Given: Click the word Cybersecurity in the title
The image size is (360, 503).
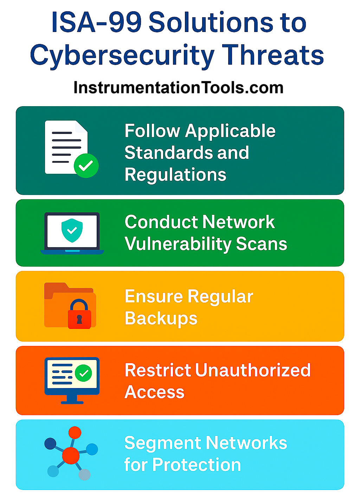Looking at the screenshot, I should click(122, 56).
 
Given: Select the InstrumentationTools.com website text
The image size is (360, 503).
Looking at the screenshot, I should click(178, 88).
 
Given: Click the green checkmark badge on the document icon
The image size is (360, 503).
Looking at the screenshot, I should click(86, 166).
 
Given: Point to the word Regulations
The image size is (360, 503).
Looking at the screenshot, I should click(175, 175).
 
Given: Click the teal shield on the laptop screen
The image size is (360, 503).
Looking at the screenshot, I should click(72, 230).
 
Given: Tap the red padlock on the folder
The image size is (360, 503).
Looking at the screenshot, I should click(79, 316).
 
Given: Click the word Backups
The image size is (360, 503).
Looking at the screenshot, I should click(161, 318).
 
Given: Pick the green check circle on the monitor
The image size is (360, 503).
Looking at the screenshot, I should click(84, 373).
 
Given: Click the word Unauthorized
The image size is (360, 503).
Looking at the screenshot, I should click(253, 370).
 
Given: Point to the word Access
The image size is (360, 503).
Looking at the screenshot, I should click(154, 392).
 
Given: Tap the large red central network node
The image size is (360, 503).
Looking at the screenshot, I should click(71, 455).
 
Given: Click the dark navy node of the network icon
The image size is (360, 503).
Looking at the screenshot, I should click(50, 444).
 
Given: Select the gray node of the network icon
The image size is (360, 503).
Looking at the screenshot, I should click(84, 475).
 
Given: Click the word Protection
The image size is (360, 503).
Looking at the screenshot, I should click(197, 465).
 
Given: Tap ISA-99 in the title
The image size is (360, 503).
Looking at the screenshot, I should click(96, 23).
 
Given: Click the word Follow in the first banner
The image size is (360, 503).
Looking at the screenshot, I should click(152, 131).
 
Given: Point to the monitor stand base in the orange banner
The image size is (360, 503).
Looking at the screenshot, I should click(72, 402).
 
